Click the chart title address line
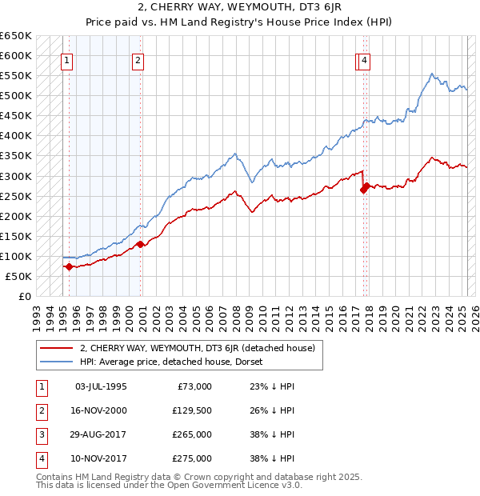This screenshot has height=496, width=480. pos(239,9)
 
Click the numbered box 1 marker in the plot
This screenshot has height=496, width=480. pos(66,59)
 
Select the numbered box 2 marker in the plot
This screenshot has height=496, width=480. pos(138,59)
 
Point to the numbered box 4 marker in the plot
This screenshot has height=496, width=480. pos(364,59)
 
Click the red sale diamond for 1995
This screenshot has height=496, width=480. pos(69,267)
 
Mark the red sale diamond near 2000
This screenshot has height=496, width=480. pos(139,244)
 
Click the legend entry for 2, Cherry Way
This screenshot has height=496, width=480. pos(197,348)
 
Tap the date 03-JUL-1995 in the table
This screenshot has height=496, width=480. pos(100,386)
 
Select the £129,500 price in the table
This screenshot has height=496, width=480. pos(193,410)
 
